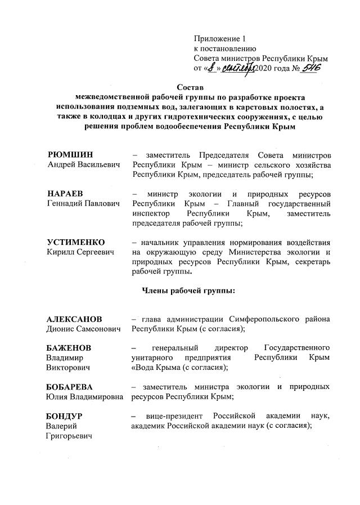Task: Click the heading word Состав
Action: (x=190, y=87)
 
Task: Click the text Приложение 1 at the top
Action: (x=220, y=39)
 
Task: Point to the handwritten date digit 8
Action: (x=210, y=69)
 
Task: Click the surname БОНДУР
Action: (x=65, y=416)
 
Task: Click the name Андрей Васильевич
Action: (x=83, y=165)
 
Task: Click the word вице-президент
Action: (x=174, y=416)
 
